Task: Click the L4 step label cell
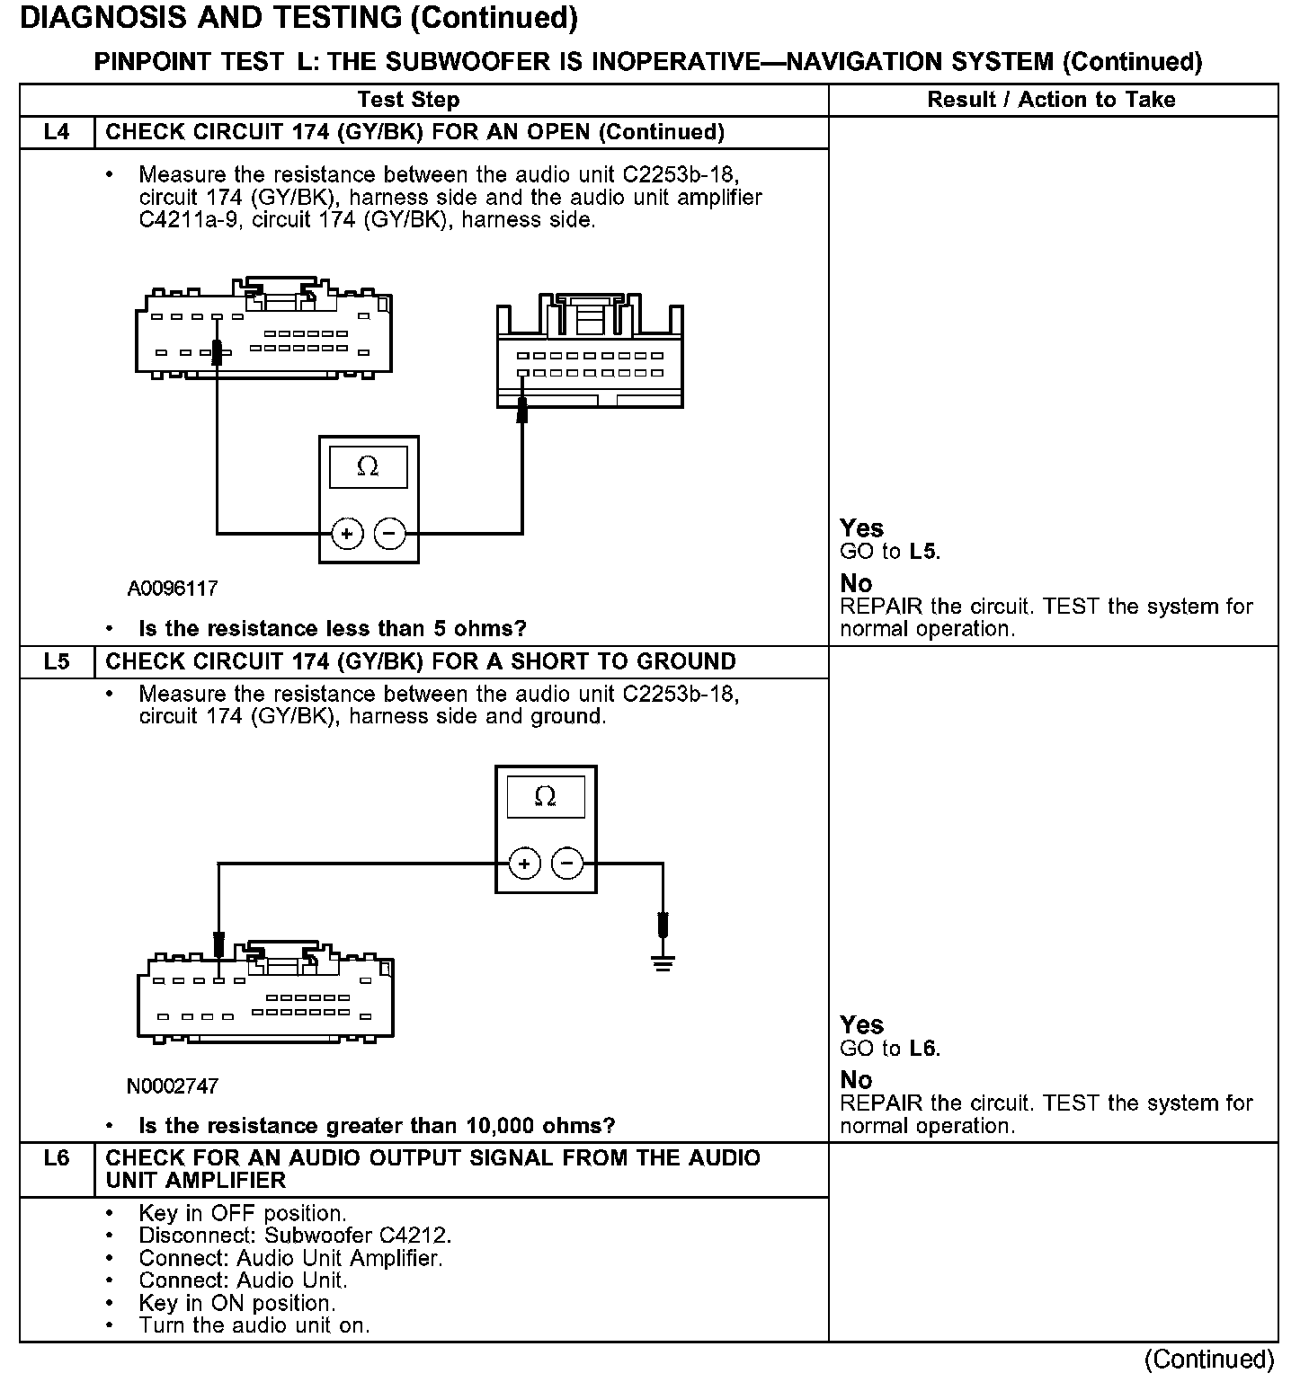(56, 132)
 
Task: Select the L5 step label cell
(56, 662)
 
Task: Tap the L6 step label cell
(56, 1158)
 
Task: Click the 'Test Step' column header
(408, 100)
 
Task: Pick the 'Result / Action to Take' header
(1051, 100)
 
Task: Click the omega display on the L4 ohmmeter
(368, 467)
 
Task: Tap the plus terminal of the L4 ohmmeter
(347, 534)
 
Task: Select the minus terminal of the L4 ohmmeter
(389, 534)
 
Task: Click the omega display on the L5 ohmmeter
(545, 797)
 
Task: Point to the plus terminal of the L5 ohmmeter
(524, 864)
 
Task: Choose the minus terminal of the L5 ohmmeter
(566, 864)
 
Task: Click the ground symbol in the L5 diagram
(663, 964)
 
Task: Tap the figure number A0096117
(173, 589)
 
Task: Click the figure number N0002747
(173, 1086)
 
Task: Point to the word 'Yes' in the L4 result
(861, 528)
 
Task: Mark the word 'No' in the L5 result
(856, 1080)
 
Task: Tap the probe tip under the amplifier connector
(522, 412)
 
